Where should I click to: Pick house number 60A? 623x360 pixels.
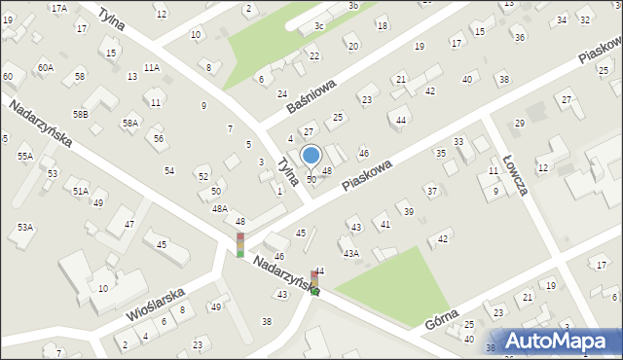46,67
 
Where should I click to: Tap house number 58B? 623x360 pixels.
81,115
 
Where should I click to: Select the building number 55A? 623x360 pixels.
25,156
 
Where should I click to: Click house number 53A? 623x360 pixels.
25,227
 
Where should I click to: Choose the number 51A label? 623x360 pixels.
81,192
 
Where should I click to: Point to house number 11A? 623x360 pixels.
151,68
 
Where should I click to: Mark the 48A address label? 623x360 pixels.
220,208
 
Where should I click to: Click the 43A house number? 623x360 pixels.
350,253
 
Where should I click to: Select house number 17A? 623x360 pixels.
59,8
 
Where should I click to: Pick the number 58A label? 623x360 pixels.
129,124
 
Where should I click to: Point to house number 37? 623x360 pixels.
431,191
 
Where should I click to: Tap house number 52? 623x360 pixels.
203,176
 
